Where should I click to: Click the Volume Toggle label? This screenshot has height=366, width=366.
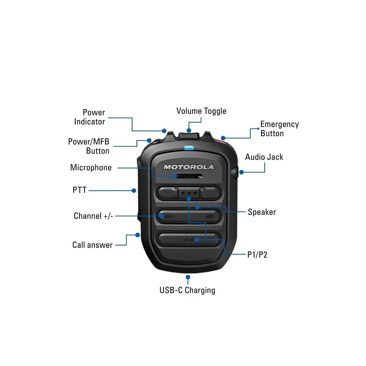coord(201,111)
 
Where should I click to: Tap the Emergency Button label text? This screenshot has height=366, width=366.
coord(279,128)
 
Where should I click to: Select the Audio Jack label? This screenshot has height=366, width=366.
coord(264,157)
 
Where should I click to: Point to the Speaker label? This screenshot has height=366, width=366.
coord(262,212)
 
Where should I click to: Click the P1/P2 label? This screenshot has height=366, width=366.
coord(257,255)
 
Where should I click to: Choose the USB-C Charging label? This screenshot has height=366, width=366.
coord(187,290)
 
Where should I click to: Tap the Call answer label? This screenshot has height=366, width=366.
coord(93,245)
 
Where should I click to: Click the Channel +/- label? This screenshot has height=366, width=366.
coord(93,216)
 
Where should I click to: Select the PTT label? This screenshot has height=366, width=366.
coord(79,190)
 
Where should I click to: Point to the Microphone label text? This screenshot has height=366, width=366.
coord(91,168)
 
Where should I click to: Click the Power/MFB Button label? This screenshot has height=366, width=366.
coord(89,146)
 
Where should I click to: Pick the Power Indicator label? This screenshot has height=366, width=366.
coord(90,117)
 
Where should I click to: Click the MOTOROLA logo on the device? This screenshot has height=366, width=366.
coord(188,167)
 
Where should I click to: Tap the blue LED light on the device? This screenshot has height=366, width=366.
coord(189,148)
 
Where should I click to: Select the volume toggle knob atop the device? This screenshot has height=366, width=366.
coord(188,136)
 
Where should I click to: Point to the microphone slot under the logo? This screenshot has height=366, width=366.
coord(188,176)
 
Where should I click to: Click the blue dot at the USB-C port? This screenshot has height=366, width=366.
coord(188,277)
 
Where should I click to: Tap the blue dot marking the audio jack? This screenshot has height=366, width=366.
coord(242,172)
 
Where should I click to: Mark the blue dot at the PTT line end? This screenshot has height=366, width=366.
coord(134,191)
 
